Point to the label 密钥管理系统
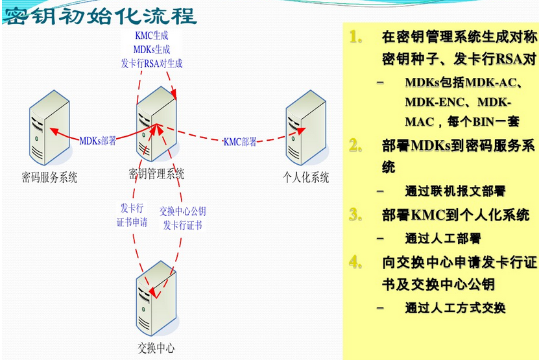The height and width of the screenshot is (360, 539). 156,174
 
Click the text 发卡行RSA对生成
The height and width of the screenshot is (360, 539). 152,63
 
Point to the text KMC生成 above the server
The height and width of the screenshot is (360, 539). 152,36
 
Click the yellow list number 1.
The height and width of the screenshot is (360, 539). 355,37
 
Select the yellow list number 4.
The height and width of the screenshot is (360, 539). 355,263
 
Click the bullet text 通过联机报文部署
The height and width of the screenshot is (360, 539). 455,191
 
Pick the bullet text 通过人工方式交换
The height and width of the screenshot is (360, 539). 455,307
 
